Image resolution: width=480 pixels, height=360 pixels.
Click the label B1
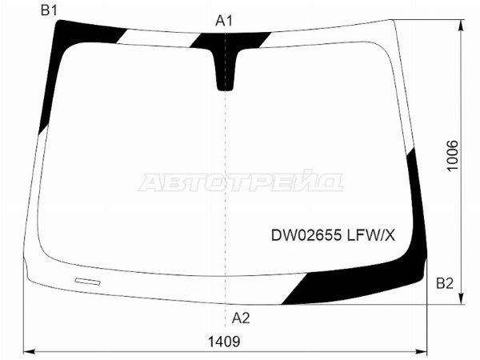tap(49, 10)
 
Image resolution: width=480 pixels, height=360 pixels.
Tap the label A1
tap(224, 21)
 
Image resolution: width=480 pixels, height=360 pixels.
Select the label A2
tap(241, 318)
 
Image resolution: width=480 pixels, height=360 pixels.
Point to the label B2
tap(445, 283)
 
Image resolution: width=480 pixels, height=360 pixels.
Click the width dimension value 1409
tap(224, 342)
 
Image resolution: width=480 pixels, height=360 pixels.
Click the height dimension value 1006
tap(453, 156)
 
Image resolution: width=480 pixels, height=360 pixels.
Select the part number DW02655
tap(306, 235)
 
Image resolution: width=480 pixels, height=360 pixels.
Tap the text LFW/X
tap(370, 235)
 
